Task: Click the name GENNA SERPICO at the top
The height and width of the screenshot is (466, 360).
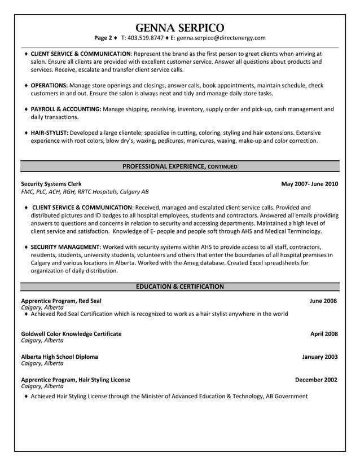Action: click(180, 27)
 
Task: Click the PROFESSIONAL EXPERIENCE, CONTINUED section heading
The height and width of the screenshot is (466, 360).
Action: click(179, 166)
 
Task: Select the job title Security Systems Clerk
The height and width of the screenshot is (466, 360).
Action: click(51, 184)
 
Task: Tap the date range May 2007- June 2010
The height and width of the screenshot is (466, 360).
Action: click(309, 184)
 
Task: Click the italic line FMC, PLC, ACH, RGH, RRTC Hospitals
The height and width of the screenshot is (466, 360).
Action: click(85, 192)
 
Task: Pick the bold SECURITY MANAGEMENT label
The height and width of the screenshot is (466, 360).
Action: click(65, 247)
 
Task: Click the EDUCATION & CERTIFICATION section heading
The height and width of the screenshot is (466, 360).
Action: click(179, 287)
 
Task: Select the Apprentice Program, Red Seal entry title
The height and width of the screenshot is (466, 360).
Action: click(61, 301)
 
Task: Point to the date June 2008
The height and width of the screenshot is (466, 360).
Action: click(323, 301)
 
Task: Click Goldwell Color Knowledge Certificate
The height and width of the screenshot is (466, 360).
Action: click(71, 334)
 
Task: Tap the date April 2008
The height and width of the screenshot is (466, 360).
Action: click(324, 334)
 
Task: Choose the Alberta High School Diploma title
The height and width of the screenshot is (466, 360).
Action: click(59, 357)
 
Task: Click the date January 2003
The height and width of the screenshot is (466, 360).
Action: click(319, 357)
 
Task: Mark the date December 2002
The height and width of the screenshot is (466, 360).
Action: click(316, 380)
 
